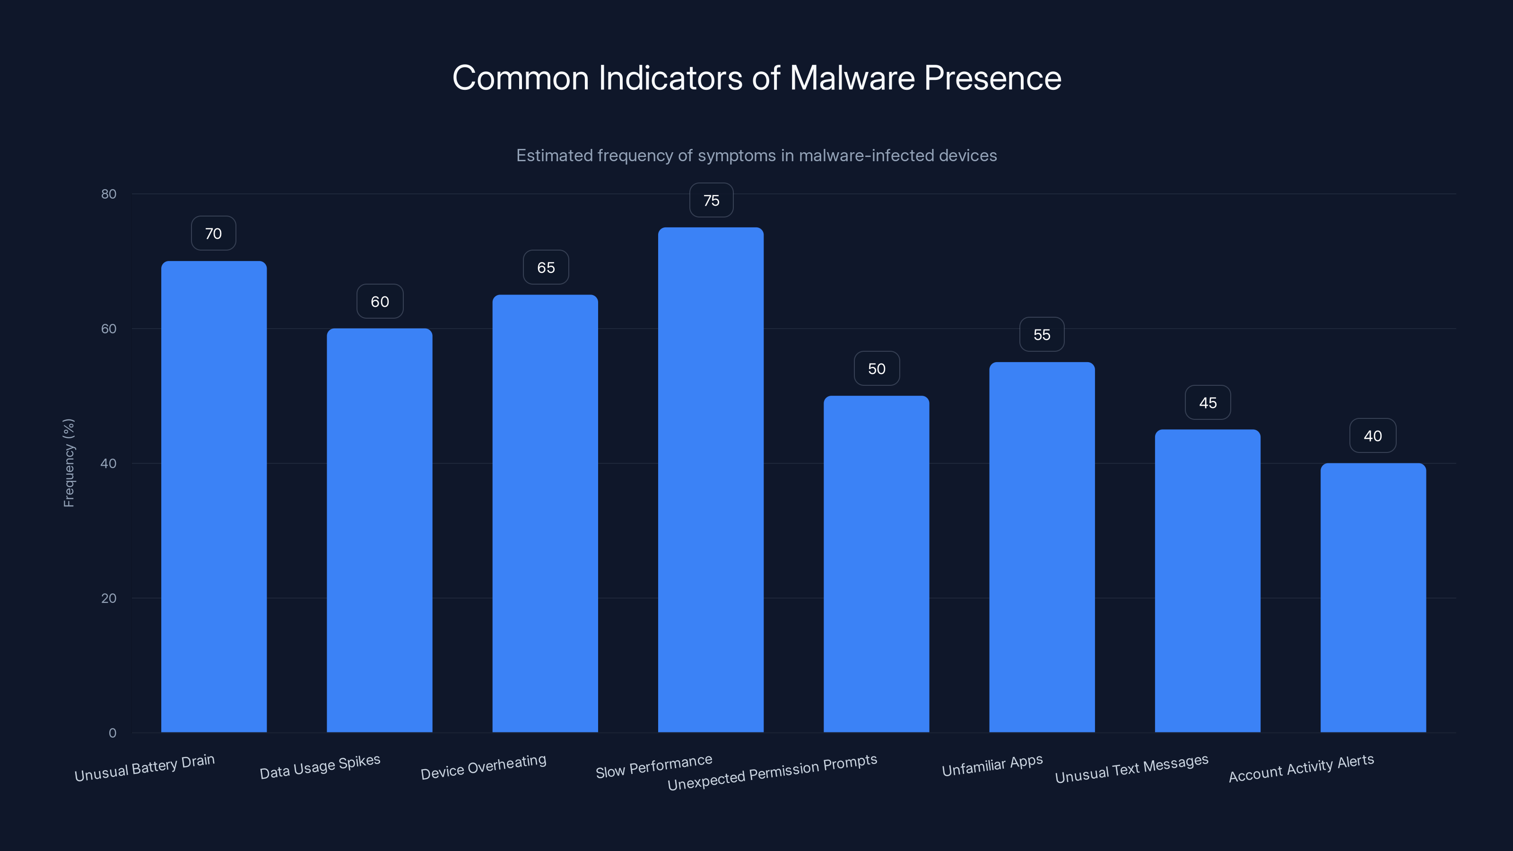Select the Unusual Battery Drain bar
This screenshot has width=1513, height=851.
pyautogui.click(x=214, y=497)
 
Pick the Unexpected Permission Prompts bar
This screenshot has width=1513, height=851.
pyautogui.click(x=876, y=564)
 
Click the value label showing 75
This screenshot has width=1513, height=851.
pyautogui.click(x=711, y=200)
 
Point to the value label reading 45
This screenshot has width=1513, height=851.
pyautogui.click(x=1208, y=403)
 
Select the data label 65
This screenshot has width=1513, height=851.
pyautogui.click(x=546, y=268)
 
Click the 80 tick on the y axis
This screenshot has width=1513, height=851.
pyautogui.click(x=109, y=194)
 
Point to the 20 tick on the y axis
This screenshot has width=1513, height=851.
pyautogui.click(x=109, y=598)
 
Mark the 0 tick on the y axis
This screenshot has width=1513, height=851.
pyautogui.click(x=112, y=733)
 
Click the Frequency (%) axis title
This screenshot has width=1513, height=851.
pyautogui.click(x=69, y=463)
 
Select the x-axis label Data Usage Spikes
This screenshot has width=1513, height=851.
pyautogui.click(x=320, y=767)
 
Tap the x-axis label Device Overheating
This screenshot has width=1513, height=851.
pyautogui.click(x=483, y=767)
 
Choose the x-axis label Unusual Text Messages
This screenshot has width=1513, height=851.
pyautogui.click(x=1132, y=769)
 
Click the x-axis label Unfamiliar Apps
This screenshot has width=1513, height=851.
pyautogui.click(x=992, y=766)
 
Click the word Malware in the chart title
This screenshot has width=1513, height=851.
pyautogui.click(x=852, y=78)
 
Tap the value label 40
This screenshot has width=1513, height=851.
pyautogui.click(x=1373, y=436)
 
